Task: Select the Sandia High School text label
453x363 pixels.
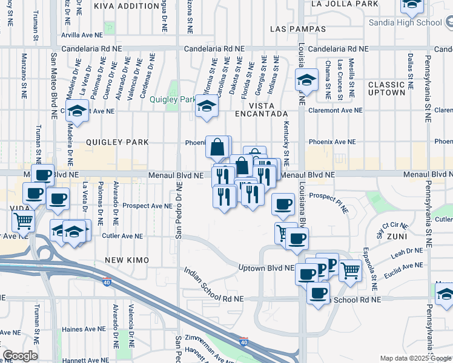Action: (406, 23)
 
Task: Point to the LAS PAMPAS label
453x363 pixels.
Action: (298, 29)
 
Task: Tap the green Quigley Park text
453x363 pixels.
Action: (173, 100)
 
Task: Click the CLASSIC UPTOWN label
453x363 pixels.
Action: (386, 88)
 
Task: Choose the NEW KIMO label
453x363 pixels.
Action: (127, 260)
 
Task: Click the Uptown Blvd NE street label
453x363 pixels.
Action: (266, 268)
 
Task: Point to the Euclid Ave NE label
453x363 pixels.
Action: (403, 266)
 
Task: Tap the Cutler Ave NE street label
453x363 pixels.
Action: (122, 236)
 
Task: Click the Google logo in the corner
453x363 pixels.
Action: (20, 356)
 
